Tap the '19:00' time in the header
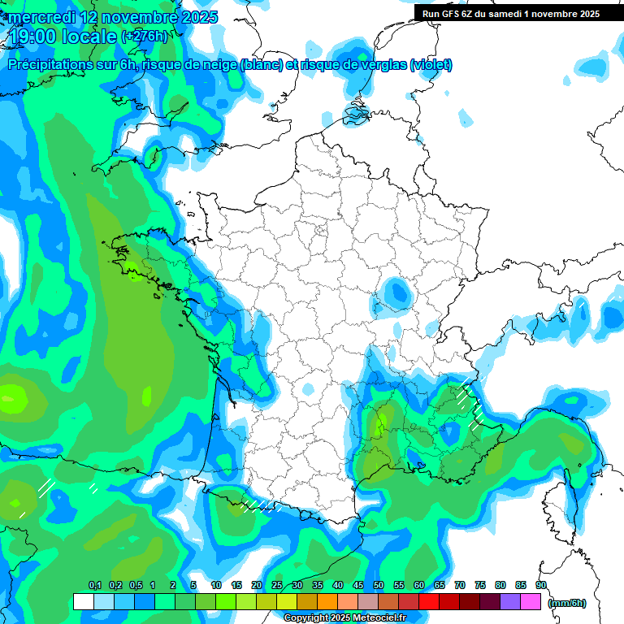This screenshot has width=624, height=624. [32, 37]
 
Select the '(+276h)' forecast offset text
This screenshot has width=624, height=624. [145, 37]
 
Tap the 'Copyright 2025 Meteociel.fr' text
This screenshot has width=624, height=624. [344, 618]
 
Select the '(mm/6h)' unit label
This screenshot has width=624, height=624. [567, 603]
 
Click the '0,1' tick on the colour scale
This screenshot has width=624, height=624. [94, 585]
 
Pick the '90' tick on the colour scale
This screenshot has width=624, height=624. [541, 585]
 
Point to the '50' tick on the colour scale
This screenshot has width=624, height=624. [379, 585]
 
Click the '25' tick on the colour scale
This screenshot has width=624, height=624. [277, 585]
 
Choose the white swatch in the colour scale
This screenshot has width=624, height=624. [83, 602]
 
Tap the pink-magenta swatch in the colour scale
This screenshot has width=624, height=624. [531, 602]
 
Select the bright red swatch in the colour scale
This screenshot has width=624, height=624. [429, 602]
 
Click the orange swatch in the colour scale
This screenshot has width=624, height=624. [327, 602]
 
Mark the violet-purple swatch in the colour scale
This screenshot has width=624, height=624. [510, 602]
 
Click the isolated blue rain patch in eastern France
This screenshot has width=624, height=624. [396, 292]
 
